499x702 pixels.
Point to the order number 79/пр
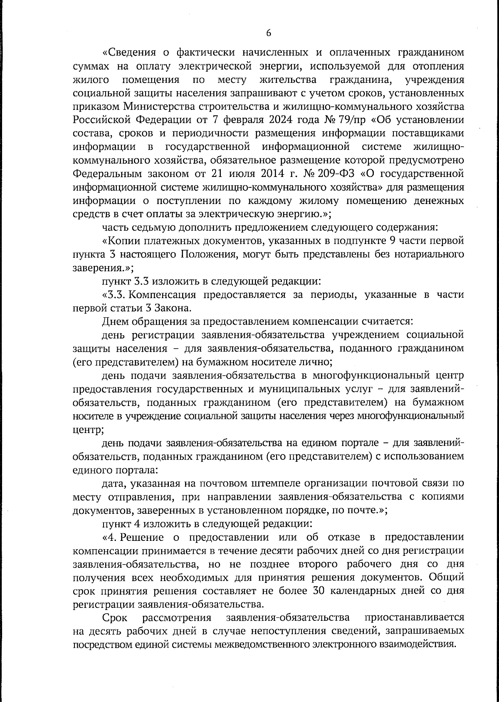(350, 120)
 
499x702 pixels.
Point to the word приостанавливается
(414, 617)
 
